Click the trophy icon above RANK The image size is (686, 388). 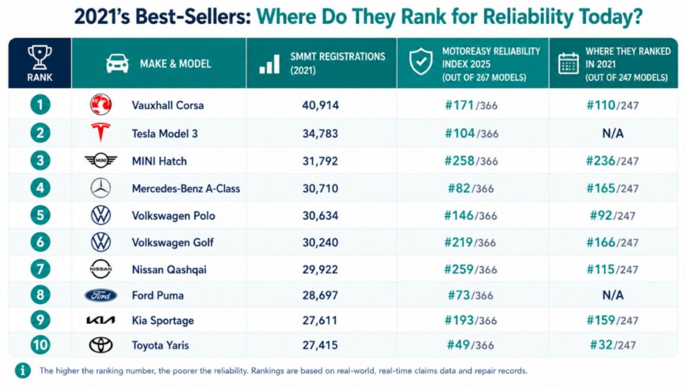40,57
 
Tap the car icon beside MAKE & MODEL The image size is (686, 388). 117,63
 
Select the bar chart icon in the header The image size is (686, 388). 270,64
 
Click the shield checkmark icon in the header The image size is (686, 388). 421,62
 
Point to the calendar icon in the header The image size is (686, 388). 568,63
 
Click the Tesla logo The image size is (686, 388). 100,132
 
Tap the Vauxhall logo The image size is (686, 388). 101,105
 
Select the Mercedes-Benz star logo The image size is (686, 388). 101,188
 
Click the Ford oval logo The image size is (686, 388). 101,296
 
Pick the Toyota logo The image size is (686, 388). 101,345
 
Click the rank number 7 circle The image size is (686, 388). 40,269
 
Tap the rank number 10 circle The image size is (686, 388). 40,345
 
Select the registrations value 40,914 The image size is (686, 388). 321,105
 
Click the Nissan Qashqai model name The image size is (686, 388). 169,270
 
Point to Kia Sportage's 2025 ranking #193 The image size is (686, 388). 459,320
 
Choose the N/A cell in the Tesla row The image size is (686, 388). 612,134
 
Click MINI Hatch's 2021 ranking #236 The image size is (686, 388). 601,161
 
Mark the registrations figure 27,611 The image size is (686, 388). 320,320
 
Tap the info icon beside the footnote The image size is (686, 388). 23,371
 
